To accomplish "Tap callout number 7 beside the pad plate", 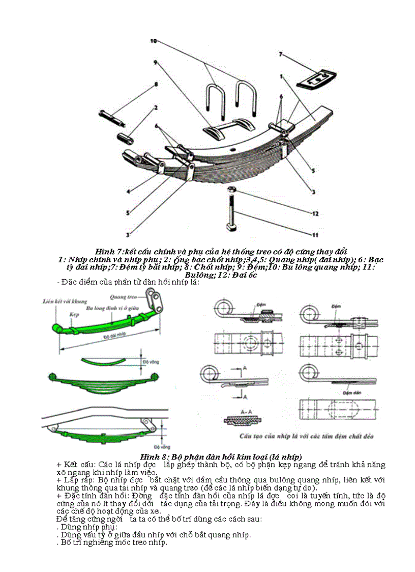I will coord(280,53).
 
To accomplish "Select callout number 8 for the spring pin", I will coord(156,84).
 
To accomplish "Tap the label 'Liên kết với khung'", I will coord(65,302).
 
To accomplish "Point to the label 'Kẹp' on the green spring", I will coord(74,315).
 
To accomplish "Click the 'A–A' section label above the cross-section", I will coord(246,411).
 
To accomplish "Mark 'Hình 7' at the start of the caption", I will coord(108,252).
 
